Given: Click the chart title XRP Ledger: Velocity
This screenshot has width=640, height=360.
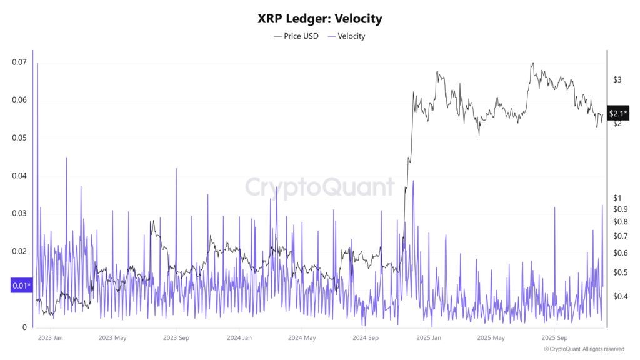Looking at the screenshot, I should [319, 18].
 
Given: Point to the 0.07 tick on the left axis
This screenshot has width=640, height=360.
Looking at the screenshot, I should [19, 62].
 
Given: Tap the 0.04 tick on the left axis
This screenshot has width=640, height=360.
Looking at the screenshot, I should [19, 176].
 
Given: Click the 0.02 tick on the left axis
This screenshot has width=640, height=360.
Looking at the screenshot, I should [19, 252].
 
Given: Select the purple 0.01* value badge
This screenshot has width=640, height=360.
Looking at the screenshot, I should [21, 286].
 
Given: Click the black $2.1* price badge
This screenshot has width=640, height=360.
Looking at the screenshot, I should [618, 113].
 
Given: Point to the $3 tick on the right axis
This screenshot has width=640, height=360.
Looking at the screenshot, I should [617, 79].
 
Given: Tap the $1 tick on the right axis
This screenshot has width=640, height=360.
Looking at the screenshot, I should [617, 198].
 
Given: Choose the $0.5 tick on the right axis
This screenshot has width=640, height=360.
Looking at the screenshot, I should [619, 272].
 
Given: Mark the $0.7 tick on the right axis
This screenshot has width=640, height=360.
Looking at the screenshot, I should [619, 236].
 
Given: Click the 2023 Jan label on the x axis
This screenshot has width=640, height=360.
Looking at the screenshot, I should [51, 338].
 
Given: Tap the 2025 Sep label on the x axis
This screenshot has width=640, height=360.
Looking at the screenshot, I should [554, 338].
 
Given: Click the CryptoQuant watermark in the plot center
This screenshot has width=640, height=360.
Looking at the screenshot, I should [319, 187].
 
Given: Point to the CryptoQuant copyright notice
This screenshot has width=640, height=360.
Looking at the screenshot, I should [584, 349].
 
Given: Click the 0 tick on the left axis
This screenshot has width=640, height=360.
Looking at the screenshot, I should [24, 327].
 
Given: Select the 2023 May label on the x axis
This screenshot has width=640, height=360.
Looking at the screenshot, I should [112, 338].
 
